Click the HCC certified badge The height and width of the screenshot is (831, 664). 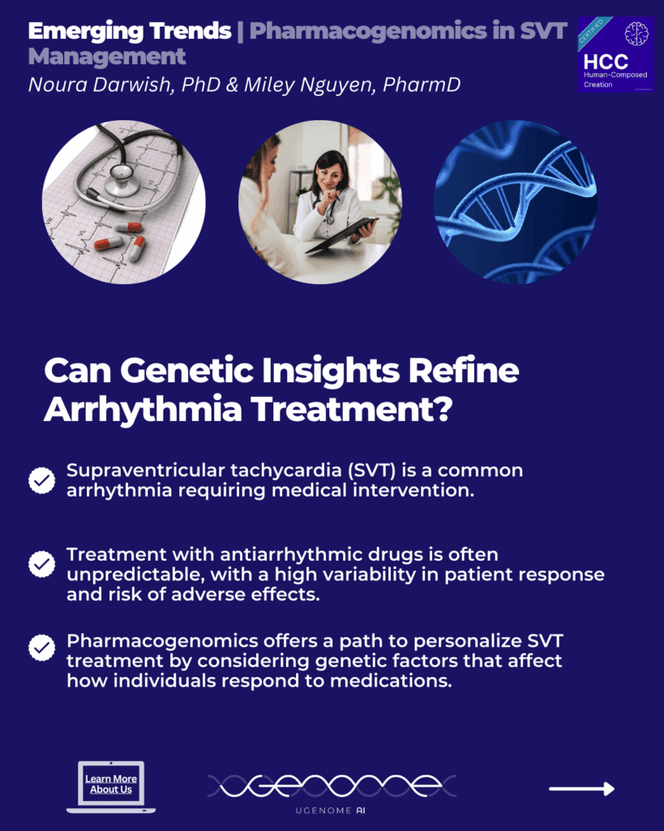pyautogui.click(x=615, y=53)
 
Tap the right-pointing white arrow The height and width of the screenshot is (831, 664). pyautogui.click(x=581, y=788)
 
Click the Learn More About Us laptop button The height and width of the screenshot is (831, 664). pyautogui.click(x=111, y=785)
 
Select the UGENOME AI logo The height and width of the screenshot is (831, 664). pyautogui.click(x=332, y=791)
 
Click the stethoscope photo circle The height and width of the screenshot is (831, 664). pyautogui.click(x=123, y=201)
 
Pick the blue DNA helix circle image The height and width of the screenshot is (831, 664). pyautogui.click(x=516, y=201)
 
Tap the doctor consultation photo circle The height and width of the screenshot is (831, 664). pyautogui.click(x=319, y=201)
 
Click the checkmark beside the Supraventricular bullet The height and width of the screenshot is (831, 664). pyautogui.click(x=41, y=480)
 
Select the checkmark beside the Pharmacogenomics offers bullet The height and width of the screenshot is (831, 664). pyautogui.click(x=41, y=648)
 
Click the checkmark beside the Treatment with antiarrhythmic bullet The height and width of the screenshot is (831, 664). pyautogui.click(x=41, y=563)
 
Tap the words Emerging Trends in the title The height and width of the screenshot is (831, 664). pyautogui.click(x=128, y=32)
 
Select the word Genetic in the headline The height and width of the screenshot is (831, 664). pyautogui.click(x=184, y=371)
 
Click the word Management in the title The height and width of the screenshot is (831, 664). pyautogui.click(x=106, y=57)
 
